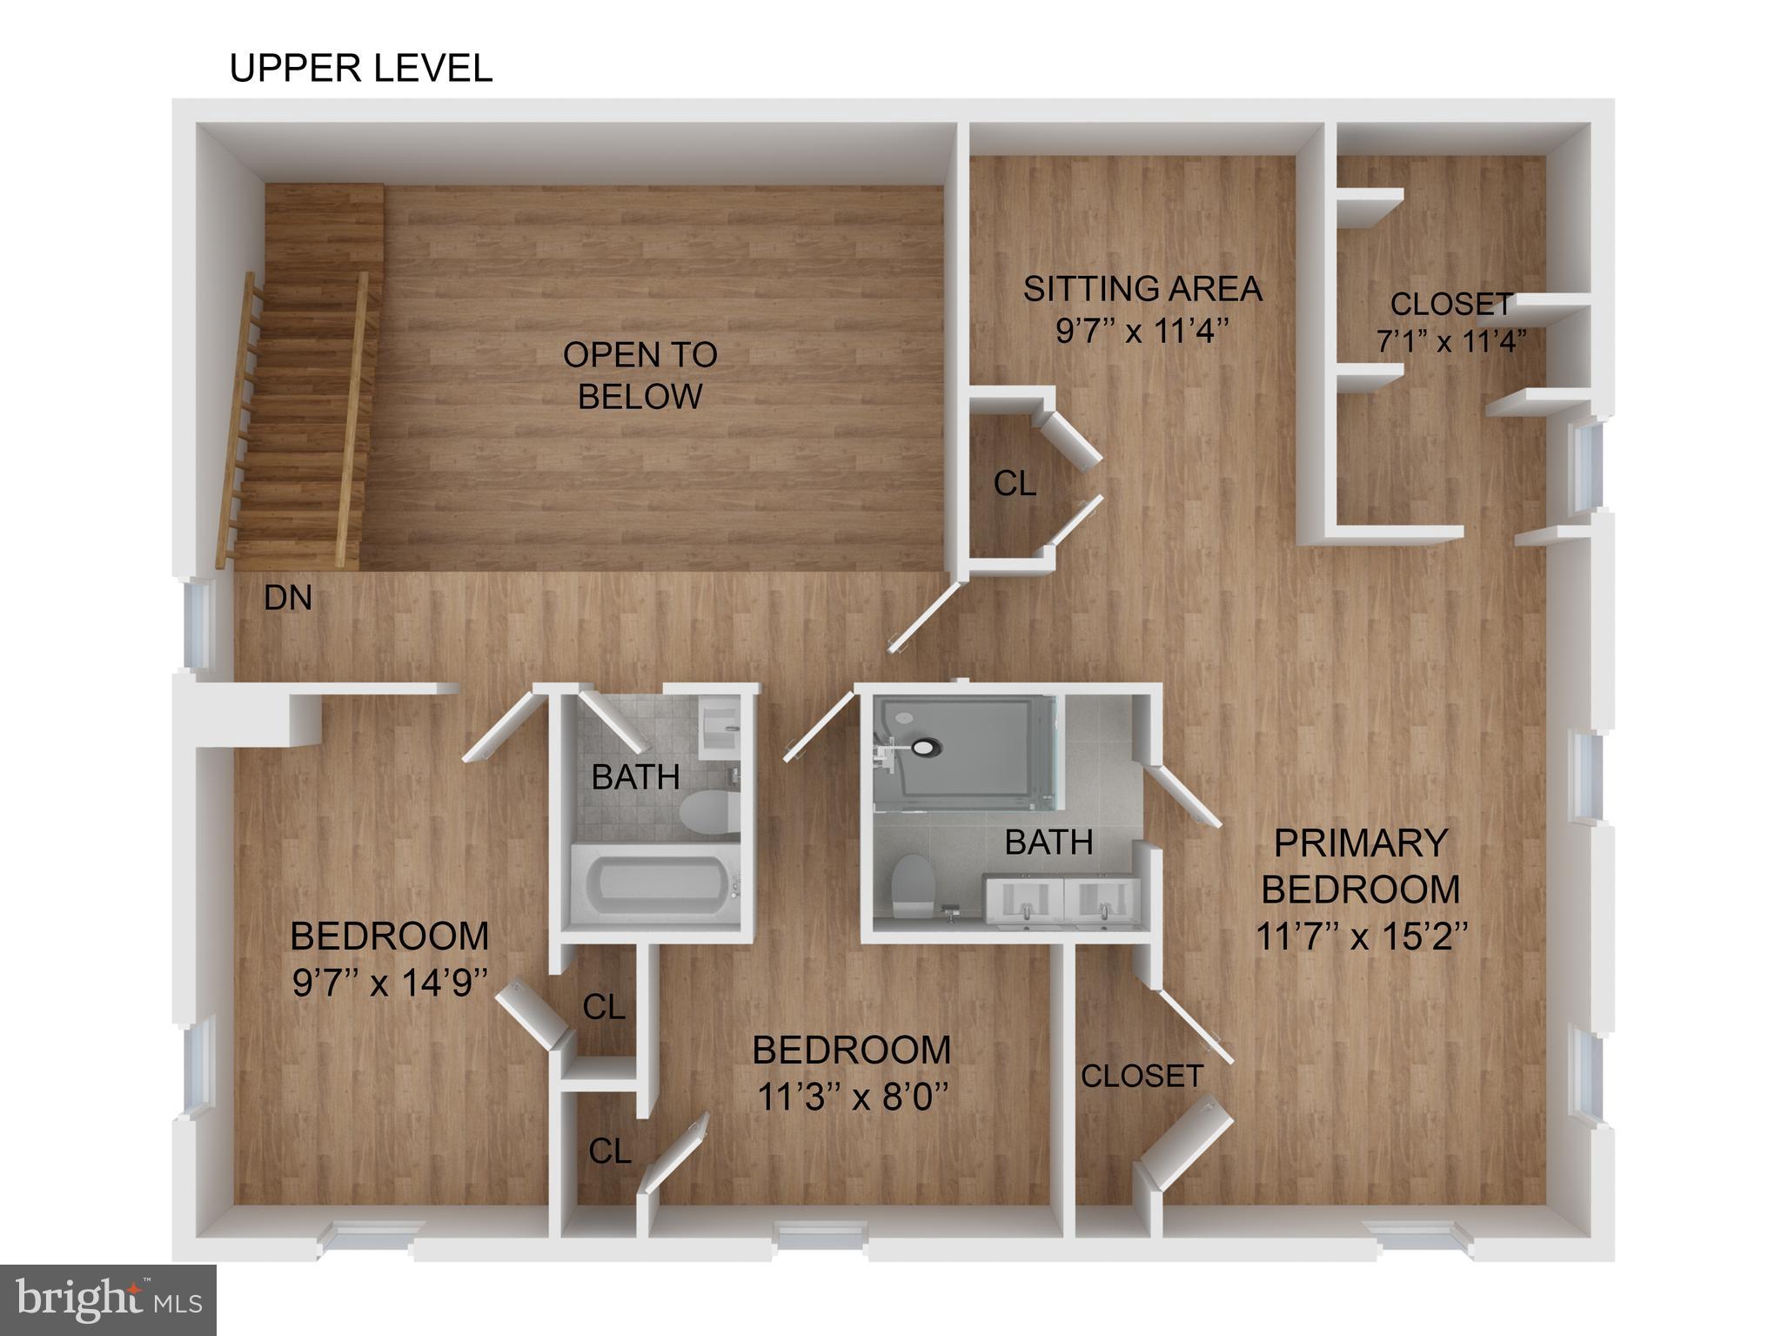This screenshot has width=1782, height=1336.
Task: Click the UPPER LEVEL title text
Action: [360, 68]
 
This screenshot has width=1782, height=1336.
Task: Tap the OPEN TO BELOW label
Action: [640, 375]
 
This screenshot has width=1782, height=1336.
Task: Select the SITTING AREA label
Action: [1142, 288]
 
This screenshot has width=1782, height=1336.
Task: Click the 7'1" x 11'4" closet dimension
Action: [1450, 341]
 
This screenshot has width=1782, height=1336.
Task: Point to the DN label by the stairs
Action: [287, 598]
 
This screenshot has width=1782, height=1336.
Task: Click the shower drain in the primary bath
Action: [925, 746]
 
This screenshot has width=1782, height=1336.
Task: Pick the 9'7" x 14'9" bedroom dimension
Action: [389, 984]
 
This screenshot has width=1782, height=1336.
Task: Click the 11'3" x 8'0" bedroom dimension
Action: [851, 1097]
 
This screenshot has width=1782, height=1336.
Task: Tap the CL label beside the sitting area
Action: [1015, 483]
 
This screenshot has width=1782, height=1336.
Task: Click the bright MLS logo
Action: [107, 1300]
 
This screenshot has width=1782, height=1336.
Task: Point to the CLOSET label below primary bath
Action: [1142, 1076]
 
